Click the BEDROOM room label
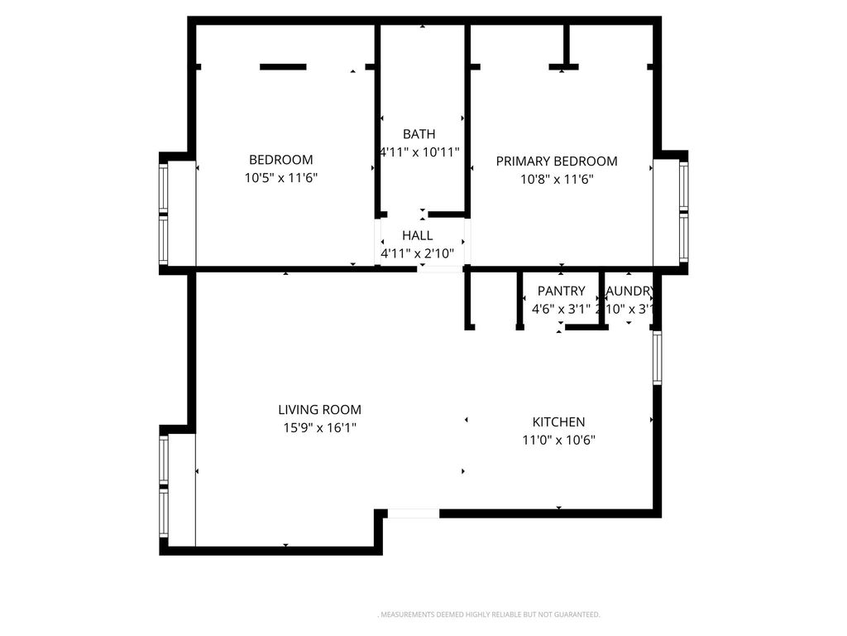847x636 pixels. (x=281, y=160)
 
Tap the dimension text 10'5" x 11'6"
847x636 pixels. (x=281, y=178)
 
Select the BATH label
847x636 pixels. (x=419, y=134)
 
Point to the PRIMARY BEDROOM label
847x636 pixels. (x=557, y=161)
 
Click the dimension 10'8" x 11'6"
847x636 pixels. (x=557, y=179)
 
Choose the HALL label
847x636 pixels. (x=418, y=236)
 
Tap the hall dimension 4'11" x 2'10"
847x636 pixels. (x=418, y=253)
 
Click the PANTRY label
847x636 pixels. (x=561, y=291)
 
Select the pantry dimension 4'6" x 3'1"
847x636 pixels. (x=561, y=310)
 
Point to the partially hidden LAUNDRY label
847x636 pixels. (x=631, y=291)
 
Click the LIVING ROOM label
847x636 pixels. (x=319, y=410)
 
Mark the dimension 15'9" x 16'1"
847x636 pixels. (x=319, y=428)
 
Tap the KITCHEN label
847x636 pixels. (x=558, y=422)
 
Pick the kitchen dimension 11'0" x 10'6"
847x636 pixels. (x=558, y=441)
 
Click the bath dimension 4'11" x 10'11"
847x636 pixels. (x=419, y=152)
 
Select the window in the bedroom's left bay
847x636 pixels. (x=164, y=214)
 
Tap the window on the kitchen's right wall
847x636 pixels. (x=658, y=358)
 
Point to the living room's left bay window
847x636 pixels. (x=164, y=489)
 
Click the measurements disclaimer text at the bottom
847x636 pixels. (x=489, y=614)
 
